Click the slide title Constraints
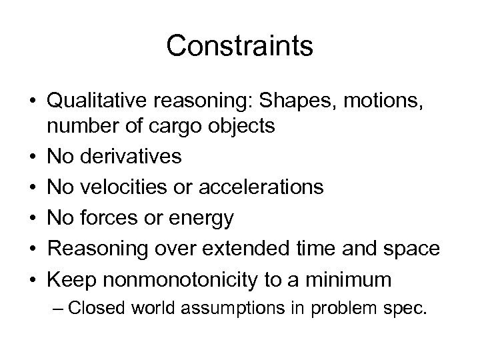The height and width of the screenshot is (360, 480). pos(239,46)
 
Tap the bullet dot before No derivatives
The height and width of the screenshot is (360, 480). pos(33,157)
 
